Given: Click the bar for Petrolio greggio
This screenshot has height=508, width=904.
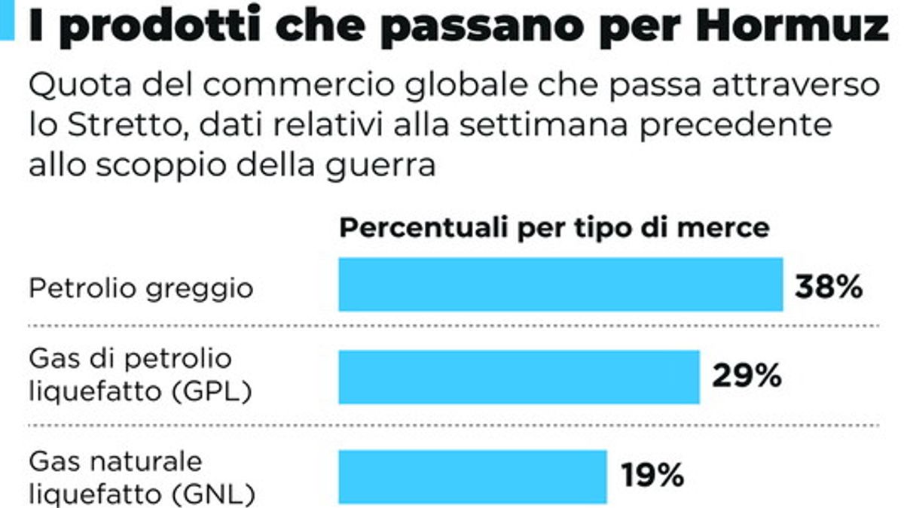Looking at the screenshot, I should coord(560,284).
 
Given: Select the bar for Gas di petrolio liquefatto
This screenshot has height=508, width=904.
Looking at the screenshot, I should coord(518,376).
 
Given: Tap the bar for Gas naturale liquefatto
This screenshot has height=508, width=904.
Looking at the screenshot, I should coord(472,476).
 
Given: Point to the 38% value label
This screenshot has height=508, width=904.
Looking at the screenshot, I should coord(829,286).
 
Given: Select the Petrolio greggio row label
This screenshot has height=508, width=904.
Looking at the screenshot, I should coord(141,288).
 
